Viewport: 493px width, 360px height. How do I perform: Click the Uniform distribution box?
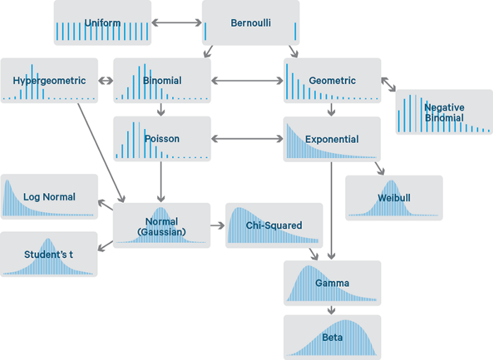(103, 23)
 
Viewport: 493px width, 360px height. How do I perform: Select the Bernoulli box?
(250, 23)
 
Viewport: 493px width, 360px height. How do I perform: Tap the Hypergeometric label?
(49, 80)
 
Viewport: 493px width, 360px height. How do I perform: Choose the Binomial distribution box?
(162, 80)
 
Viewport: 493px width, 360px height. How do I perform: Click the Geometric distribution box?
(332, 80)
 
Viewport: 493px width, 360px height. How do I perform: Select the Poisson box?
(162, 139)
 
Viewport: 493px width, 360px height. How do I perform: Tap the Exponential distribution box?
(332, 139)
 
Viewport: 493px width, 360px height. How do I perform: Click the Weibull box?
(394, 197)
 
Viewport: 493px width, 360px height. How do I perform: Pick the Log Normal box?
(49, 197)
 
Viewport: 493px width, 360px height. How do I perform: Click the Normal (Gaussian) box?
(162, 225)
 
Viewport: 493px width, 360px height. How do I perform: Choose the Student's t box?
(49, 254)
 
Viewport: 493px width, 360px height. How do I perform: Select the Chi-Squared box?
(274, 225)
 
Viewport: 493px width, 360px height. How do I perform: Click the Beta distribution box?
(332, 337)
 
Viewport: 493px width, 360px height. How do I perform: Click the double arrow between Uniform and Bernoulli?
(177, 23)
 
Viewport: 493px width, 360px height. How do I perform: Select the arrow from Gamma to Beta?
(332, 310)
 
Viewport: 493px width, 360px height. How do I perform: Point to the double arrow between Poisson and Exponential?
(247, 139)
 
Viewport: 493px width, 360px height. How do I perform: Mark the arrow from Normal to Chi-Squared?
(218, 225)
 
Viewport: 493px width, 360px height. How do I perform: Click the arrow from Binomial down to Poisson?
(162, 109)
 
